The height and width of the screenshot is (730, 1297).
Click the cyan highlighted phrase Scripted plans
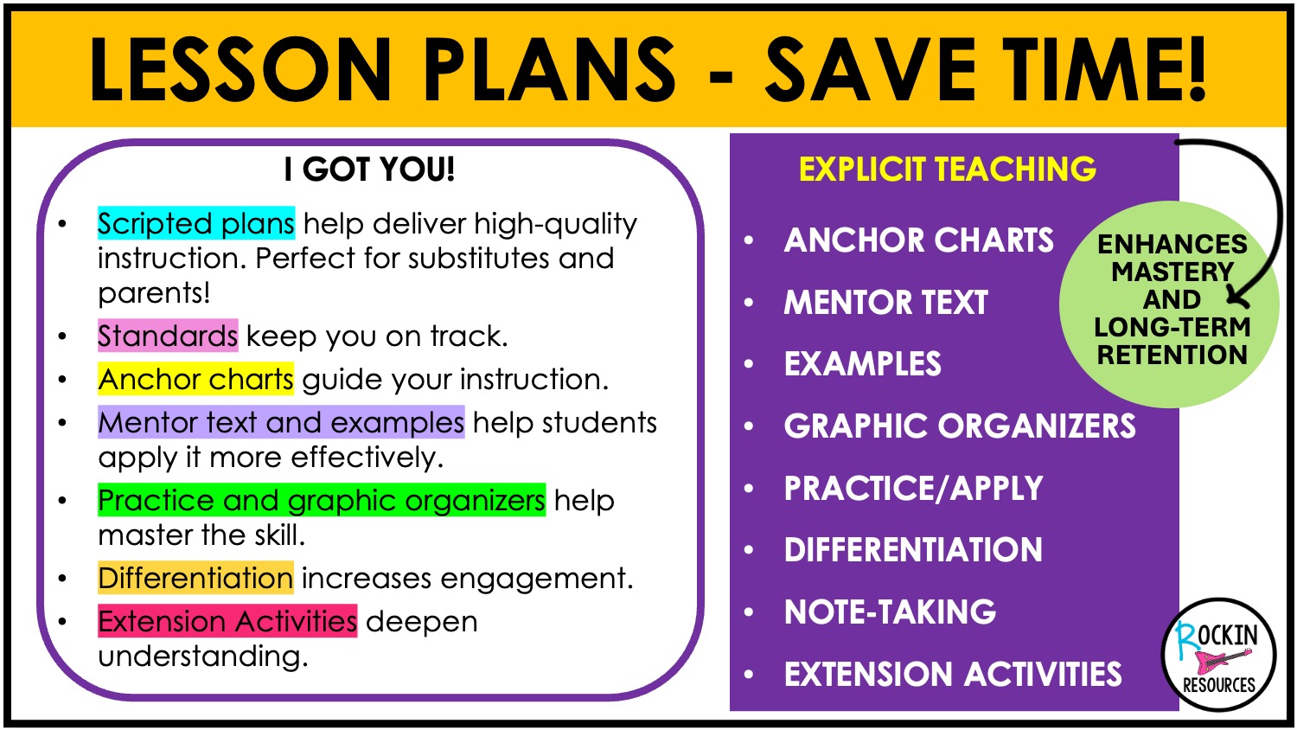(196, 223)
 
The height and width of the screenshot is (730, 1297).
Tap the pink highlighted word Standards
(168, 336)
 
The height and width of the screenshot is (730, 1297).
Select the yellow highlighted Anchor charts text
(195, 379)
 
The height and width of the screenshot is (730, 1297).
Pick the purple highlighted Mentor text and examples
(281, 422)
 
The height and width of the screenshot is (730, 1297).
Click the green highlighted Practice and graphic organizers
(322, 499)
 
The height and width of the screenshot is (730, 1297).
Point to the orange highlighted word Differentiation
(195, 578)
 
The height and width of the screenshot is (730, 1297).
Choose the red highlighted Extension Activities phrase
(227, 621)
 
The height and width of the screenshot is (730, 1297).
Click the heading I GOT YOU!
(369, 170)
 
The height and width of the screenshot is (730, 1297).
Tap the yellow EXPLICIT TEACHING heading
(948, 170)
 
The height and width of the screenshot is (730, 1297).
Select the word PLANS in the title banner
(550, 69)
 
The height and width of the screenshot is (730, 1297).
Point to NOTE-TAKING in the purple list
(890, 612)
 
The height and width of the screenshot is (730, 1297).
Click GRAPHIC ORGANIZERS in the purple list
(960, 426)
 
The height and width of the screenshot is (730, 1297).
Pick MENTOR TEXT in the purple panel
(886, 303)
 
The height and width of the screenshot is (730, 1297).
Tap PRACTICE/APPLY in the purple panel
(914, 488)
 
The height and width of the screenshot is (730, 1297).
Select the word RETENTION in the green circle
(1172, 355)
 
